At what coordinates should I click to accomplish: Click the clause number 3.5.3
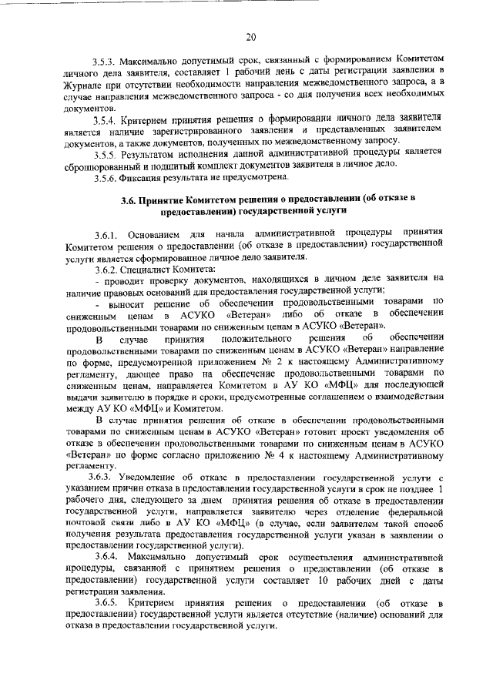point(107,59)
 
